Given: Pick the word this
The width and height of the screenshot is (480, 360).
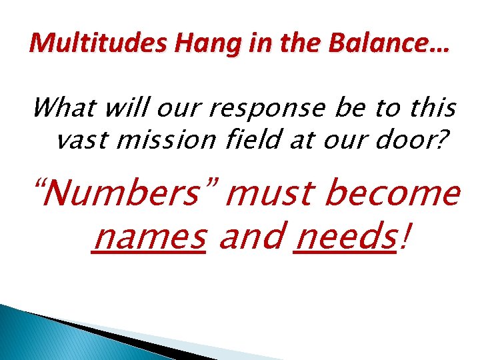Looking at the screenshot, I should pos(432,107).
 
